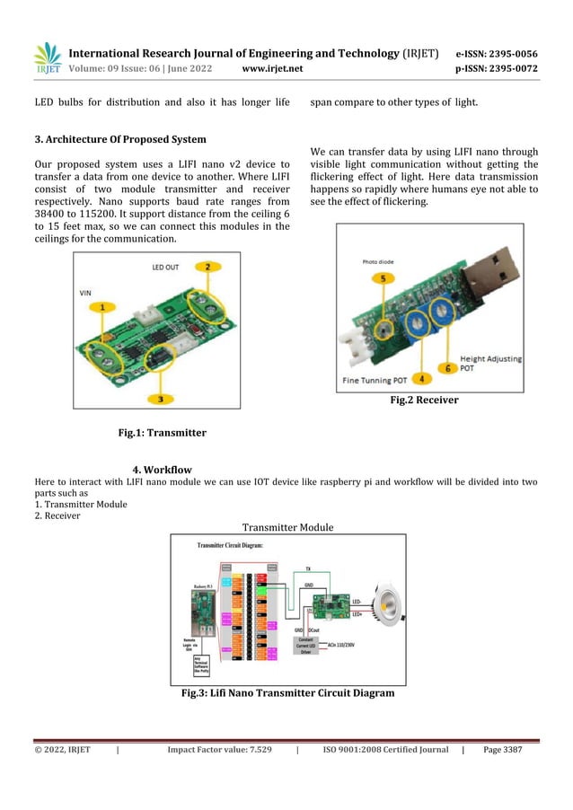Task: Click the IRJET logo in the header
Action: (x=47, y=59)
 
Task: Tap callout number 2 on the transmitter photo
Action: (x=207, y=267)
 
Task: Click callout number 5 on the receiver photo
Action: (x=383, y=279)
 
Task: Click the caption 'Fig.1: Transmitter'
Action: (x=163, y=433)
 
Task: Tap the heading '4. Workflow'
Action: (x=162, y=470)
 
